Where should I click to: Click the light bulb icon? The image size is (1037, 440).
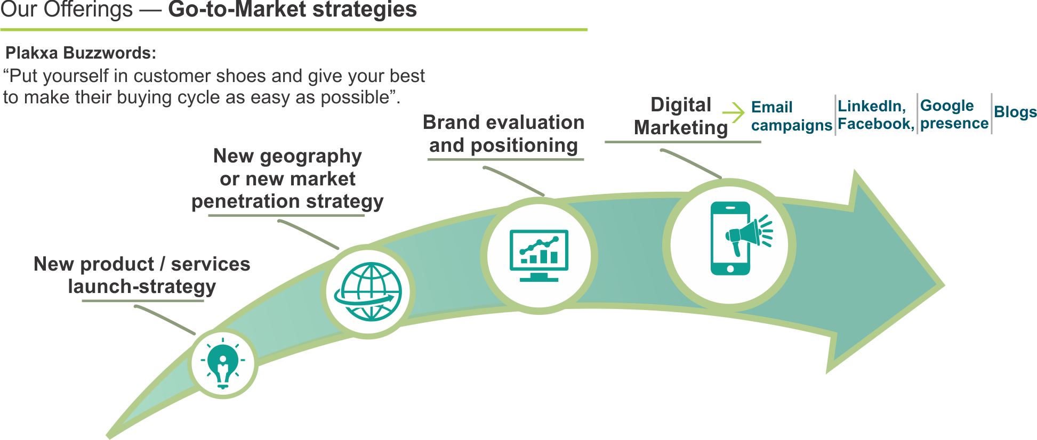tap(223, 365)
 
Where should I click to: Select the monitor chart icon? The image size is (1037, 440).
tap(539, 255)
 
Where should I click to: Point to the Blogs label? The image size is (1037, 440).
tap(1015, 112)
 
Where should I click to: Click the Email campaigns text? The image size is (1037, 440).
tap(791, 116)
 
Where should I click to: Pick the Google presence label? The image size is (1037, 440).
tap(954, 115)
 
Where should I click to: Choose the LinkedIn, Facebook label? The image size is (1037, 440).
tap(875, 115)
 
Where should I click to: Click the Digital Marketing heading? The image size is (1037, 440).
tap(681, 116)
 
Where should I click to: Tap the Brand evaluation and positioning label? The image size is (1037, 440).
tap(503, 134)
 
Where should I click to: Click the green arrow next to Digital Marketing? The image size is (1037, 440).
tap(734, 112)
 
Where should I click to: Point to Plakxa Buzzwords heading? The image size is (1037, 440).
tap(81, 53)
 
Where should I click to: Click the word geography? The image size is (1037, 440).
tap(311, 156)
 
